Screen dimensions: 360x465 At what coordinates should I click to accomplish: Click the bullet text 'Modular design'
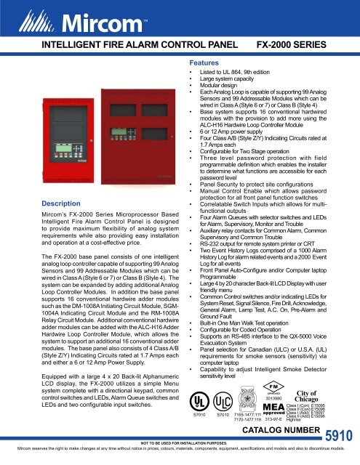[219, 90]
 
